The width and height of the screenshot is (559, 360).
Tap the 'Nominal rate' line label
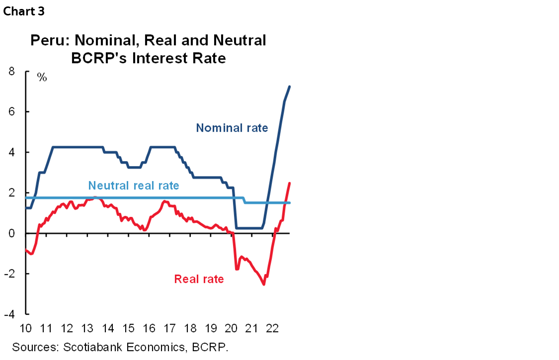coord(232,128)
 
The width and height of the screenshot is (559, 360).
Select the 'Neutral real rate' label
coord(134,185)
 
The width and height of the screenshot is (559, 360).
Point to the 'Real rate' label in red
coord(199,279)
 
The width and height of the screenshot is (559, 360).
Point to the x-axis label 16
coord(149,329)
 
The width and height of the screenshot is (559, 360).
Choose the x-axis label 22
coord(272,329)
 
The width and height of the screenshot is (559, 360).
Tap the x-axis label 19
coord(210,329)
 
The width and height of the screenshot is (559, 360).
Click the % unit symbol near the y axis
coord(42,77)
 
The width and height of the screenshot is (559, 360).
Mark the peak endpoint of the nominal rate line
coord(290,87)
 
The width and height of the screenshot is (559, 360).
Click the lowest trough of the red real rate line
coord(264,284)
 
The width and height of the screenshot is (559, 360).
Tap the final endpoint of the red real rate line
coord(290,183)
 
